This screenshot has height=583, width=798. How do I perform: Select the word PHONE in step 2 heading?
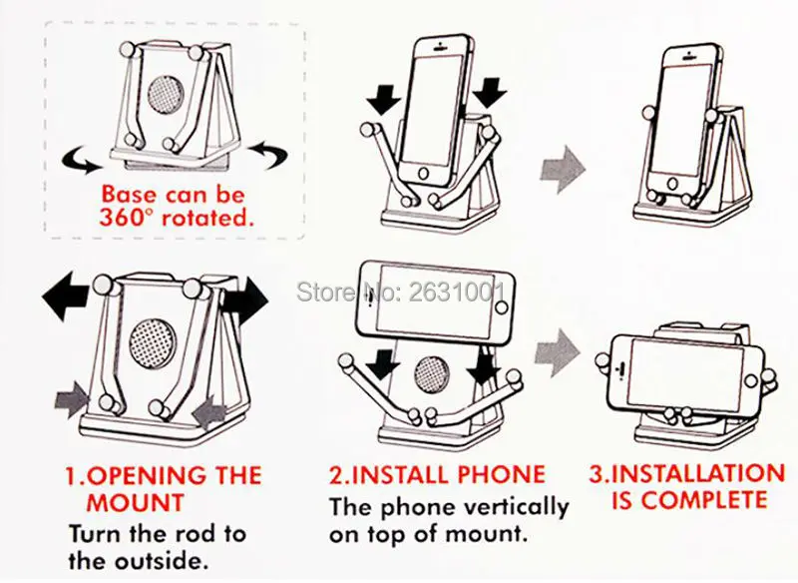503,474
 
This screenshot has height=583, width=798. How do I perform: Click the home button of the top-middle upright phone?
431,172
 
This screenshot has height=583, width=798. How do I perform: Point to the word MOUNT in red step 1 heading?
134,501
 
